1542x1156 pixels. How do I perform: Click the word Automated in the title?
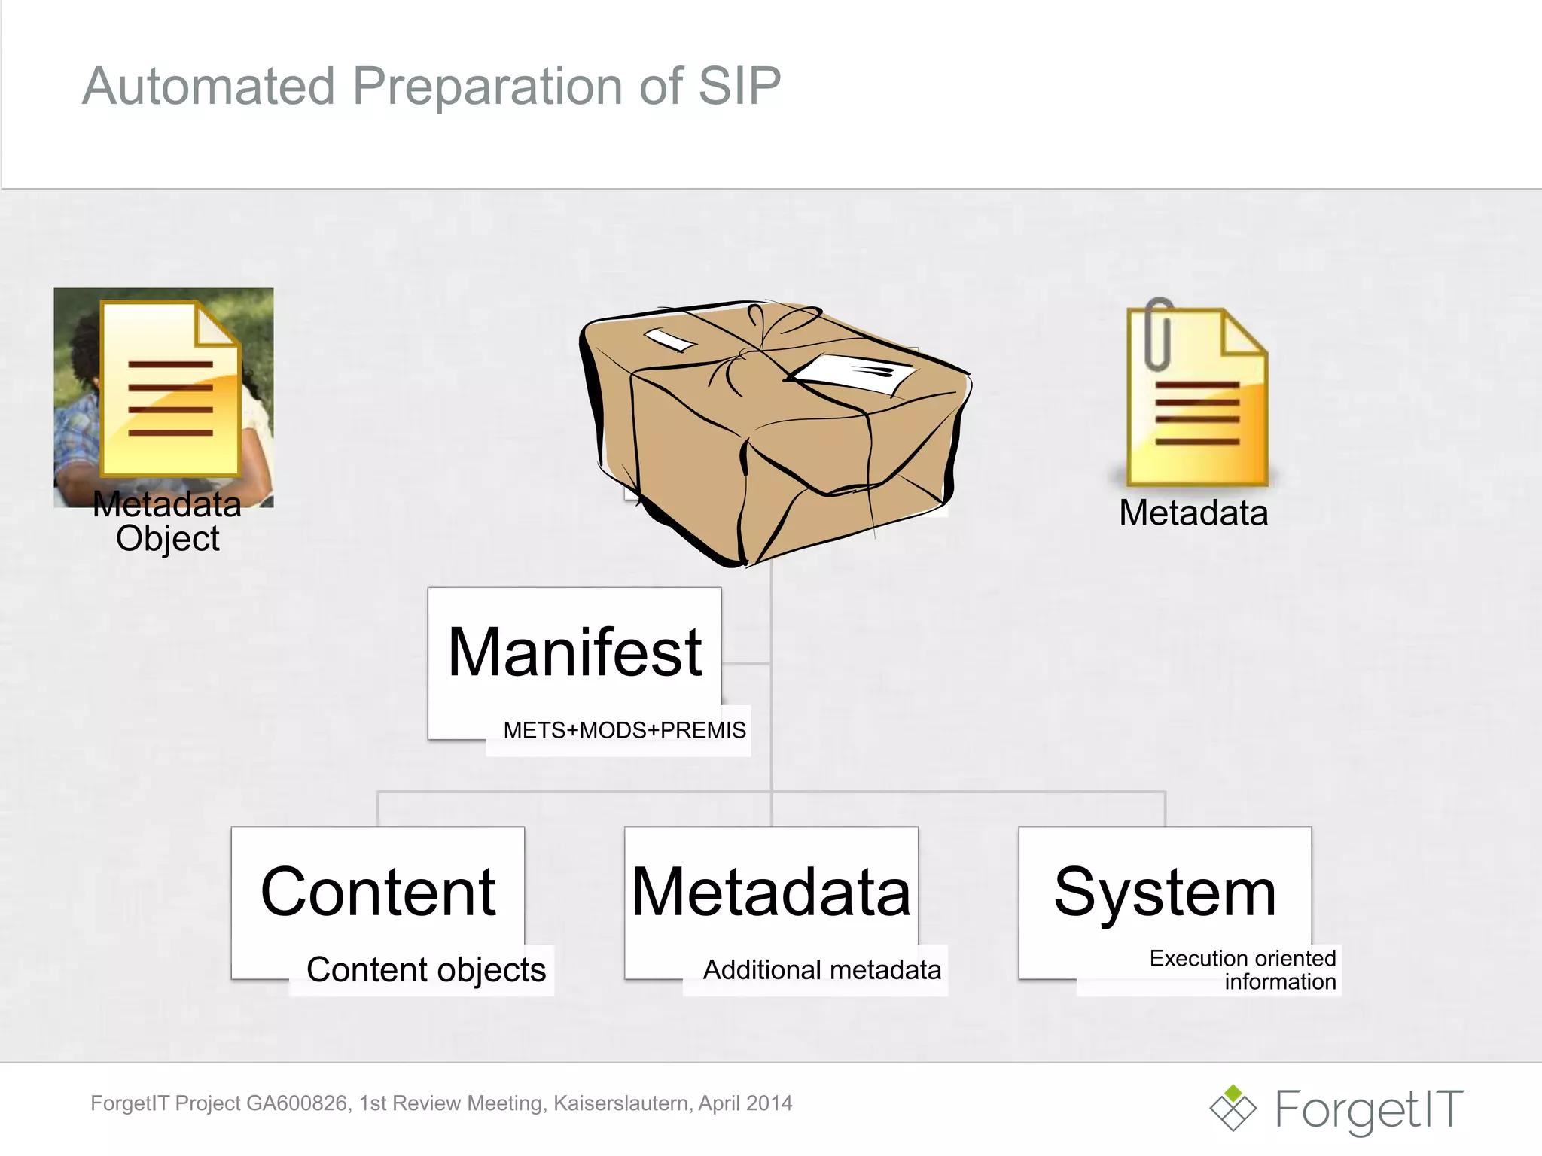[x=209, y=86]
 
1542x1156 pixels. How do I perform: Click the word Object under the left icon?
[x=167, y=539]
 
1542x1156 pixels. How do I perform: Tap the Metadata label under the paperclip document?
[x=1193, y=513]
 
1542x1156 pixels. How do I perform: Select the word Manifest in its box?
[x=574, y=653]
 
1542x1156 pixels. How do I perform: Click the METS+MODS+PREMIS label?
[x=624, y=730]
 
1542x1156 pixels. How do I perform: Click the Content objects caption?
[x=426, y=970]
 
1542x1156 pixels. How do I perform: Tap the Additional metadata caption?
[x=821, y=970]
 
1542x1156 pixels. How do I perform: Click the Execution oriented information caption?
[x=1242, y=970]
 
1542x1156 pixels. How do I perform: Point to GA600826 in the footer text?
[x=298, y=1103]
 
